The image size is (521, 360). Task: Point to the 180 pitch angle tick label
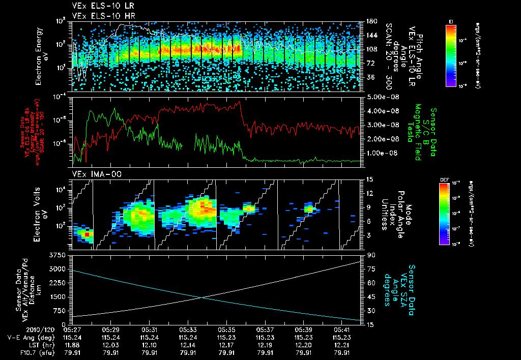tap(371, 21)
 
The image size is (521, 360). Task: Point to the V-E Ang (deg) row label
tap(27, 337)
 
